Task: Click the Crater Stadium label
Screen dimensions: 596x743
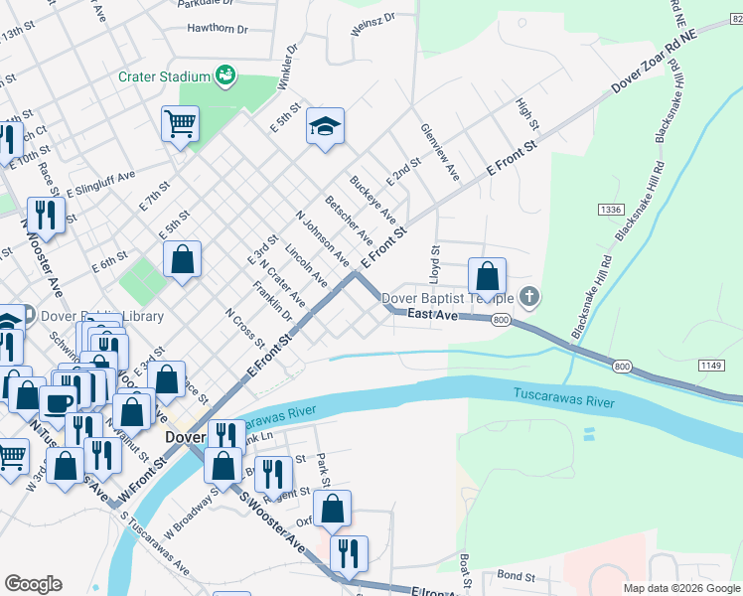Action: coord(165,75)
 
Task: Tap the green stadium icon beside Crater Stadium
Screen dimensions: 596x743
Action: coord(225,75)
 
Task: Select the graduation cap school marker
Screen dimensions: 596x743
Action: coord(325,126)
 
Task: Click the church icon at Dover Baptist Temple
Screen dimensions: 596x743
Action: coord(530,296)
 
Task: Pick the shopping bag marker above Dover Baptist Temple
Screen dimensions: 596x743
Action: coord(487,275)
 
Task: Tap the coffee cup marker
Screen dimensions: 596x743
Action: coord(58,402)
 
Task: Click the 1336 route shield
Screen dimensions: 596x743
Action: coord(611,210)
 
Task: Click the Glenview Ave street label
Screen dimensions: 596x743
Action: coord(439,152)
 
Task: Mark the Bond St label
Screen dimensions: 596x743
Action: coord(516,575)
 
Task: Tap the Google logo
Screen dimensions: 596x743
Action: coord(33,583)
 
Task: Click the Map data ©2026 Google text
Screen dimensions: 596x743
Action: coord(681,588)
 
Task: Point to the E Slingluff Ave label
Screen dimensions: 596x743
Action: coord(100,184)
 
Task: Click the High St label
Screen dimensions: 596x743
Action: coord(526,114)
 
